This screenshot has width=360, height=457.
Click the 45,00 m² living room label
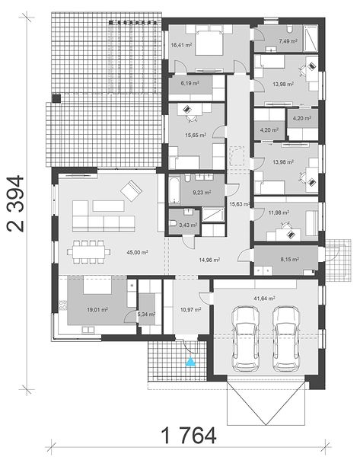tap(137, 252)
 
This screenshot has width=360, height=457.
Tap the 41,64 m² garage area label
tap(264, 299)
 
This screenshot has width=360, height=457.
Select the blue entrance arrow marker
tap(190, 361)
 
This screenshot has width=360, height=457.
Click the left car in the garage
tap(246, 339)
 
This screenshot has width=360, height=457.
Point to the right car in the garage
tap(286, 339)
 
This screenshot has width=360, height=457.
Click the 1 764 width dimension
tap(189, 436)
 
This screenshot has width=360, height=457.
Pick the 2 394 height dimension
tap(15, 203)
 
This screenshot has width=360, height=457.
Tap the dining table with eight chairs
tap(89, 252)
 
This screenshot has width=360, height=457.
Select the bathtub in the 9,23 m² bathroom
tap(174, 190)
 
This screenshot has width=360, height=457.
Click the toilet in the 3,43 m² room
tap(173, 223)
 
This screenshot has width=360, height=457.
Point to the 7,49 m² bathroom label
tap(288, 41)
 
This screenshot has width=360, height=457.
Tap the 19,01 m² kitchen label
tap(97, 309)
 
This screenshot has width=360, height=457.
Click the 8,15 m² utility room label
tap(289, 259)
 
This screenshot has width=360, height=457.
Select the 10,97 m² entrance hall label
tap(190, 309)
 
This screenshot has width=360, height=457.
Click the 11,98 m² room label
tap(279, 213)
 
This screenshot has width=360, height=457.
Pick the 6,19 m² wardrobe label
tap(190, 83)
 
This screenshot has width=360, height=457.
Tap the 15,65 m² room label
tap(196, 136)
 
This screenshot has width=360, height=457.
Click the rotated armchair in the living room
tap(132, 191)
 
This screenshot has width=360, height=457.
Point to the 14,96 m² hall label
tap(209, 260)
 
